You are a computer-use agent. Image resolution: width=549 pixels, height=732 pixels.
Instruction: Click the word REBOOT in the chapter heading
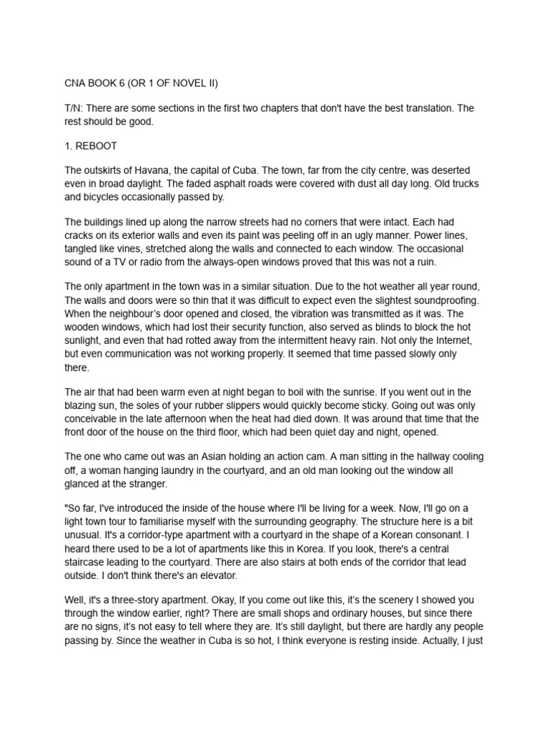97,147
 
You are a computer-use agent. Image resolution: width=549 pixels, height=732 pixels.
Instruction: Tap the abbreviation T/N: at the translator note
74,108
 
